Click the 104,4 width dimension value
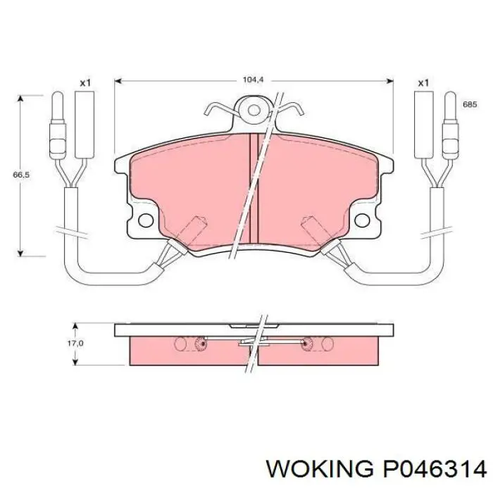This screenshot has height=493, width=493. coord(253,80)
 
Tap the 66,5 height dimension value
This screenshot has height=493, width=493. coord(21,175)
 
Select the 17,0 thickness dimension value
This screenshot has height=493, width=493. coord(75,344)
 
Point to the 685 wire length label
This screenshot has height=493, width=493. coord(470,104)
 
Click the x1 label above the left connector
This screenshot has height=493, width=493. coord(85,83)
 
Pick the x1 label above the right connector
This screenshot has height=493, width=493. coord(423,83)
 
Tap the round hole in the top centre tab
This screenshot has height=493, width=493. coord(254,110)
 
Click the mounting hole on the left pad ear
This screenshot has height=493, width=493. coord(146,220)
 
